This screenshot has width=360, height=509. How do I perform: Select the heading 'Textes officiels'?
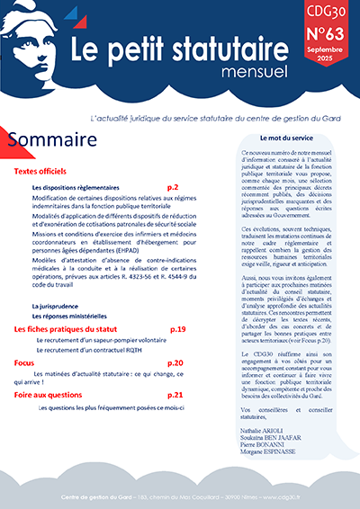click(43, 171)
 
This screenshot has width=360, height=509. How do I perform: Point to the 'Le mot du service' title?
click(288, 138)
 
